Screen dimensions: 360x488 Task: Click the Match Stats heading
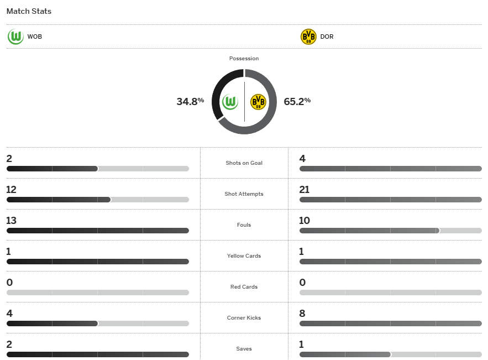click(x=29, y=11)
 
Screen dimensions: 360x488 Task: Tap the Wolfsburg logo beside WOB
click(x=15, y=37)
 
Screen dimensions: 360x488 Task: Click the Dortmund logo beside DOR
click(x=308, y=37)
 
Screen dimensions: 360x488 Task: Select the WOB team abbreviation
click(x=34, y=37)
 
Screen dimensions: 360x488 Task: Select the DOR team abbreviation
click(x=327, y=37)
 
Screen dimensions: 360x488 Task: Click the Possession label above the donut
click(x=244, y=59)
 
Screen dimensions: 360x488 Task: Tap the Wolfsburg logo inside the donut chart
click(x=230, y=102)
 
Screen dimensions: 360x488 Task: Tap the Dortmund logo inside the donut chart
click(x=258, y=102)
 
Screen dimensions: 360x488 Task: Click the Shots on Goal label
click(x=244, y=163)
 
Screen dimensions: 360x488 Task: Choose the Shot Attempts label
click(x=244, y=194)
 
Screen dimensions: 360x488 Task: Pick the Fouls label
click(x=244, y=225)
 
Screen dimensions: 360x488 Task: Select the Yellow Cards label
click(x=244, y=256)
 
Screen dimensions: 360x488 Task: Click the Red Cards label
click(x=244, y=287)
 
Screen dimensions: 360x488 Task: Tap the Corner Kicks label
click(x=244, y=318)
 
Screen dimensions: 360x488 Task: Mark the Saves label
click(x=244, y=349)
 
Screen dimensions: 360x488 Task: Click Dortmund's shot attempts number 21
click(x=304, y=190)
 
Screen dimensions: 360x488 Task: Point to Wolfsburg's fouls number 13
click(x=12, y=221)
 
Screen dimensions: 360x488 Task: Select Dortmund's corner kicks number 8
click(x=302, y=314)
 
